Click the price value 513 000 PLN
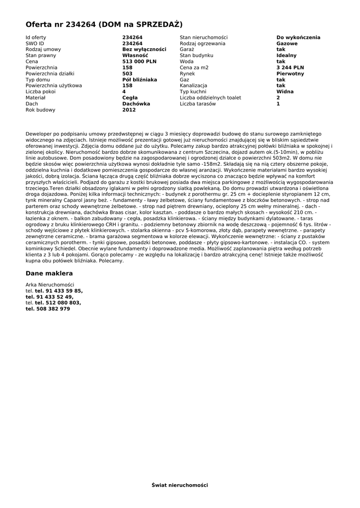(x=139, y=62)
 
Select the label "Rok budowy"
(x=40, y=110)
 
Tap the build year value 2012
(x=129, y=110)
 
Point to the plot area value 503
(x=127, y=73)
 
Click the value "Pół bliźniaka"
(x=140, y=79)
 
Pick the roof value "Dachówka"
(x=136, y=104)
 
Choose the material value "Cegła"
(x=130, y=98)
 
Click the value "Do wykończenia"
(x=298, y=37)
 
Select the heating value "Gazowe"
(x=287, y=43)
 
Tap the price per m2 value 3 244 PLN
(x=290, y=67)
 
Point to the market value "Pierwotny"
(x=290, y=73)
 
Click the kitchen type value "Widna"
(x=285, y=92)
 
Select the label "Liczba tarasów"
(x=198, y=104)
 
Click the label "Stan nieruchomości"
(x=204, y=37)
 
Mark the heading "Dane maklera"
(x=49, y=273)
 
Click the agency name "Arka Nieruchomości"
(x=50, y=285)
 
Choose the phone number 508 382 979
(x=52, y=309)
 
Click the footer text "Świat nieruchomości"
(x=180, y=485)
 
